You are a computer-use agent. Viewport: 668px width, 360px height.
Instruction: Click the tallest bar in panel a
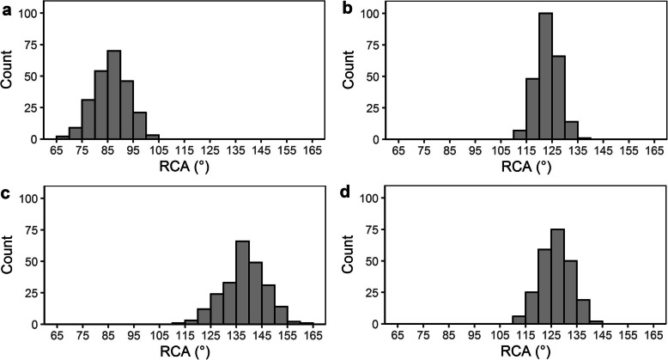(x=113, y=95)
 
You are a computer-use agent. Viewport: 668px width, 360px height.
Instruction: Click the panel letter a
(x=6, y=9)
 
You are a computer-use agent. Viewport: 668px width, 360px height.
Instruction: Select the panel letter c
(x=6, y=192)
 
